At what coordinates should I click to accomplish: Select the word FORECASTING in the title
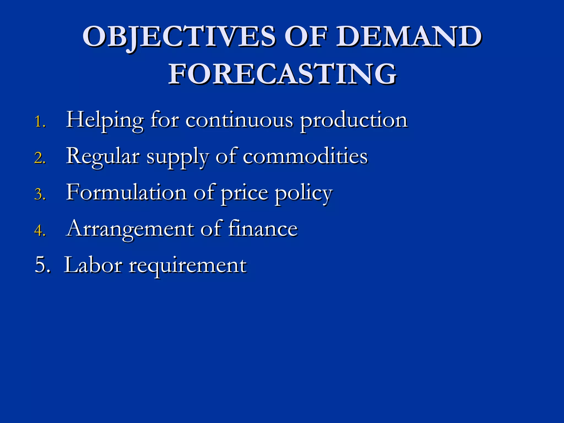click(x=282, y=74)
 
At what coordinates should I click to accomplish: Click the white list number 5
click(x=42, y=265)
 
